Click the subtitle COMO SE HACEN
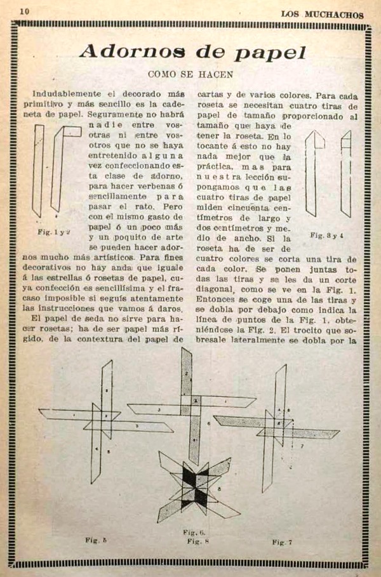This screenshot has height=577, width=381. click(190, 74)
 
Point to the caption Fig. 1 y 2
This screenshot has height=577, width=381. click(53, 232)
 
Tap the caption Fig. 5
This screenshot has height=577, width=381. click(96, 540)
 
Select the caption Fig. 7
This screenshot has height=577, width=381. click(282, 542)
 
